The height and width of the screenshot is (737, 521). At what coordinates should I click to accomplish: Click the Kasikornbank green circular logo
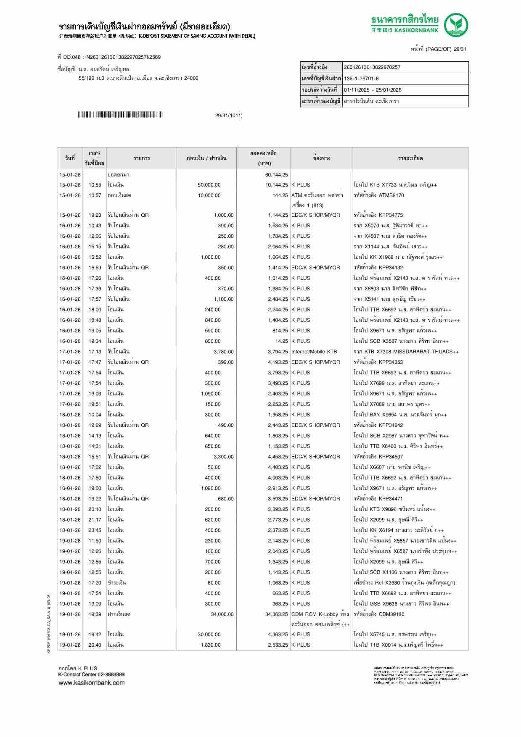click(x=457, y=25)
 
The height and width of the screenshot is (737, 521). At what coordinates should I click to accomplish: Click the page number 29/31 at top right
click(x=460, y=49)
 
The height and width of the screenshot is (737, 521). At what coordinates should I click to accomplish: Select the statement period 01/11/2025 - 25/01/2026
click(x=372, y=90)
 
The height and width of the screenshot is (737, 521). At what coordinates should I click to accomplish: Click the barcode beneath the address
click(x=120, y=115)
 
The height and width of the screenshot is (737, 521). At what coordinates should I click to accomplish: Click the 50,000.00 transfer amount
click(x=209, y=185)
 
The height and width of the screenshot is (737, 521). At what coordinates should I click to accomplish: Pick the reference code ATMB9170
click(x=391, y=195)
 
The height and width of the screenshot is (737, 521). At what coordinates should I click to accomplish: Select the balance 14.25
click(x=281, y=341)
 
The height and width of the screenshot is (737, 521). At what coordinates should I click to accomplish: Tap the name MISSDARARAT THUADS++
click(x=421, y=352)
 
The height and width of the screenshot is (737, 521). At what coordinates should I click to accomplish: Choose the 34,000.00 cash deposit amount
click(x=222, y=614)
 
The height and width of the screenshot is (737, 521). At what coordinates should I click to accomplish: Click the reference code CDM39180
click(x=391, y=614)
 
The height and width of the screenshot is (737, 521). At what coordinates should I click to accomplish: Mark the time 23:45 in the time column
click(x=95, y=530)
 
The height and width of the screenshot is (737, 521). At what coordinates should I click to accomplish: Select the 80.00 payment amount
click(x=214, y=583)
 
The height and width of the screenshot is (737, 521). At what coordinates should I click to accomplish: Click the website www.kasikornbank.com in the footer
click(x=91, y=683)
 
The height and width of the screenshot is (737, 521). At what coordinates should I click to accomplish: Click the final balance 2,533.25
click(x=278, y=645)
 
